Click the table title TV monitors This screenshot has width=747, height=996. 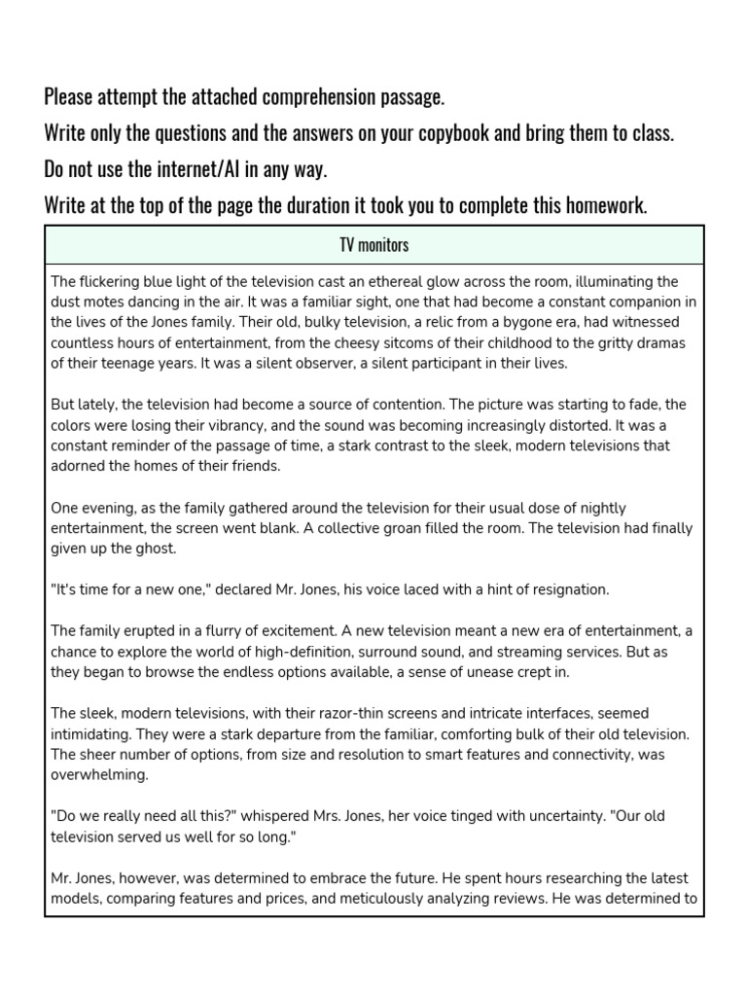click(373, 245)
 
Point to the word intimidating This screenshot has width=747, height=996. click(94, 733)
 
